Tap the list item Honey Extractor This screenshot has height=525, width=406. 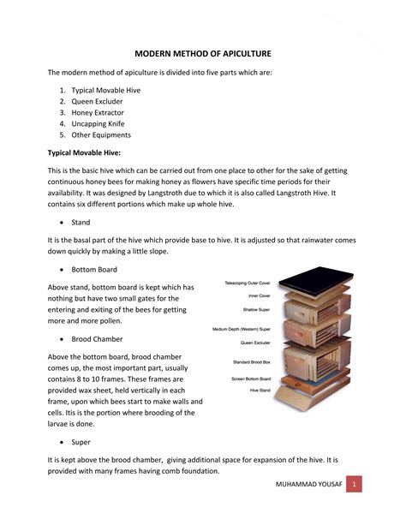(x=100, y=112)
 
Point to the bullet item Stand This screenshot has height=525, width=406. (x=81, y=222)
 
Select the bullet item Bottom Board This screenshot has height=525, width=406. (x=94, y=270)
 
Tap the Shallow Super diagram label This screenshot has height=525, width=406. (x=257, y=309)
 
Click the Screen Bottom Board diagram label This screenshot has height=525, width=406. (x=251, y=379)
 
